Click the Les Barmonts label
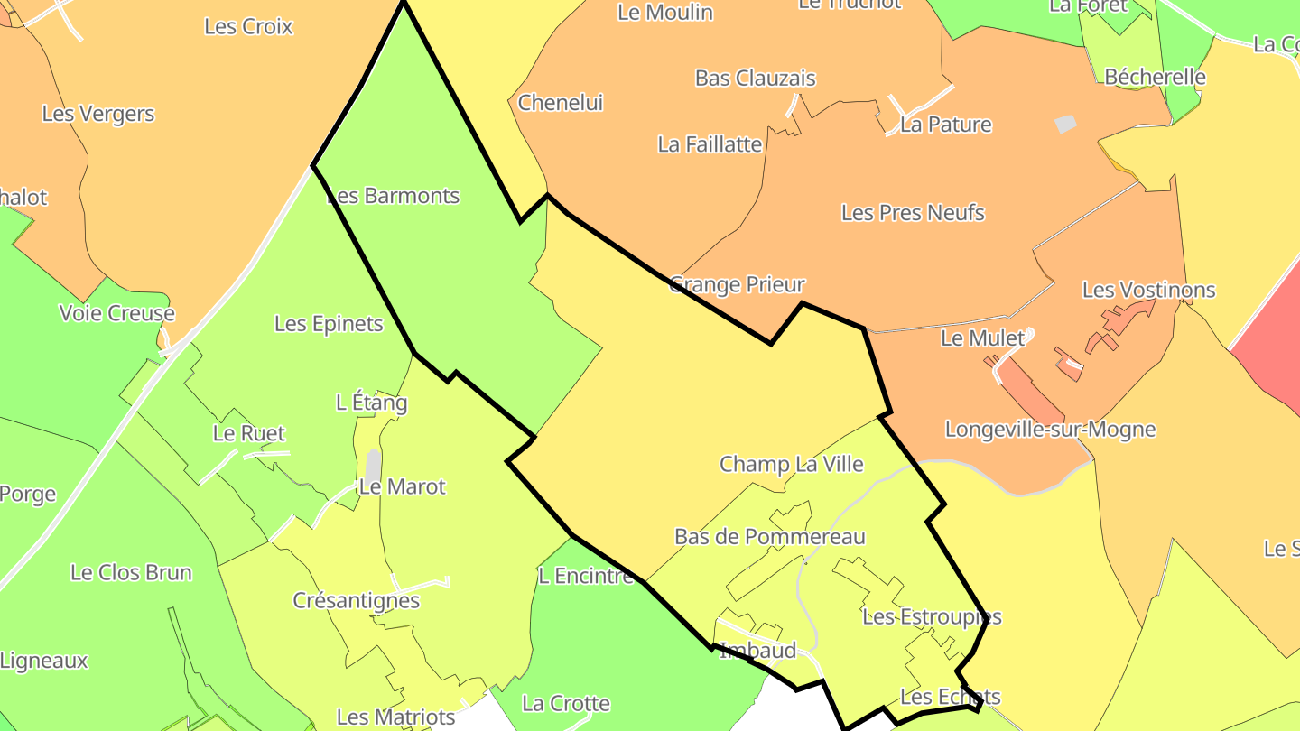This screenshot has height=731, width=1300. (x=393, y=196)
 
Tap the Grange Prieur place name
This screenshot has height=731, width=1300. (x=737, y=285)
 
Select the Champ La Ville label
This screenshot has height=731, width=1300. (x=791, y=464)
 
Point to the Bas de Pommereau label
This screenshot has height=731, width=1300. (x=770, y=537)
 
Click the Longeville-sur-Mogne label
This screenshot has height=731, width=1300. (x=1050, y=429)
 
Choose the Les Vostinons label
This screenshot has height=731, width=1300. (x=1148, y=290)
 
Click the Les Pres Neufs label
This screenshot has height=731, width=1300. (x=913, y=213)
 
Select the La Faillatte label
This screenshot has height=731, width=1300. (x=710, y=144)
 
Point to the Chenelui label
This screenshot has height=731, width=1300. (x=560, y=103)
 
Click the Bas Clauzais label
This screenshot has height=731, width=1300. (x=755, y=79)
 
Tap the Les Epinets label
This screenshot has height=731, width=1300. (x=329, y=323)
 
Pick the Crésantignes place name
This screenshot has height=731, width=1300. (x=356, y=600)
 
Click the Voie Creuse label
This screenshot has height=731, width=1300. (x=116, y=313)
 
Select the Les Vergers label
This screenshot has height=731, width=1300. (x=97, y=115)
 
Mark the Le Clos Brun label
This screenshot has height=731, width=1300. (x=131, y=572)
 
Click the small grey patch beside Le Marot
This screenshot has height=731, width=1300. (x=373, y=465)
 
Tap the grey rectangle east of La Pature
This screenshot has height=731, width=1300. (x=1066, y=124)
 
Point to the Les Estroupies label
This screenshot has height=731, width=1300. (x=932, y=617)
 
